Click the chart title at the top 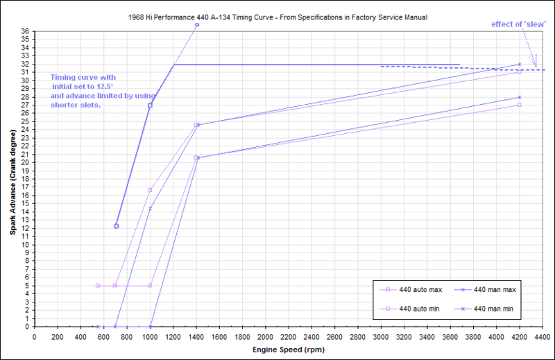[277, 15]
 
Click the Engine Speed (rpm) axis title [287, 350]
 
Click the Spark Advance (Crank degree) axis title [12, 180]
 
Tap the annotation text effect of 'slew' [518, 24]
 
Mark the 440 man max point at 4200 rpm [520, 65]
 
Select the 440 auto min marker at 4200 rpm [520, 105]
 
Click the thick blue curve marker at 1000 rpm [150, 105]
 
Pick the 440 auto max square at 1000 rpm [150, 190]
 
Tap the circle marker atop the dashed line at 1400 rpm [196, 25]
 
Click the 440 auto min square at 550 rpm [98, 285]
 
